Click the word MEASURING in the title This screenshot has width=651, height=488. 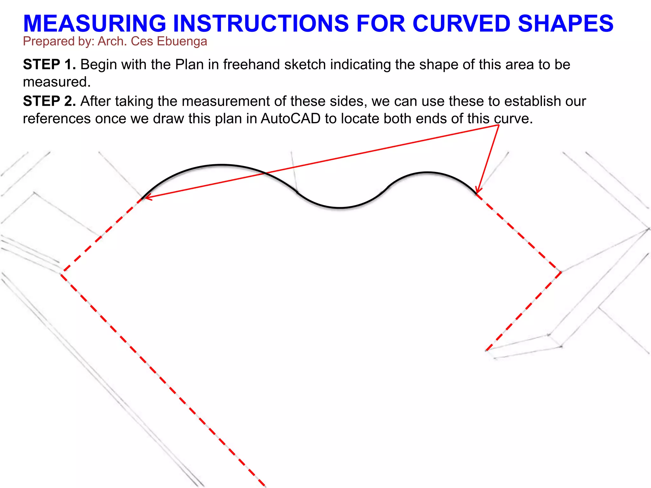[x=95, y=24]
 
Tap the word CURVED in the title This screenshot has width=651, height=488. [x=461, y=24]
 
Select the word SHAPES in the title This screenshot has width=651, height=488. [x=565, y=24]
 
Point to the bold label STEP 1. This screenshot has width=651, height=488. [x=49, y=64]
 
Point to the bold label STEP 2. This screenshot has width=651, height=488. [x=49, y=101]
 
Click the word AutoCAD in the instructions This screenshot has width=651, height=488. [x=291, y=119]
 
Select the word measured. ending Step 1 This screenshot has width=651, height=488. [x=57, y=82]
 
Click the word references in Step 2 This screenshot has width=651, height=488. [x=57, y=119]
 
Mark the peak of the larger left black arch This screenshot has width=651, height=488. [x=222, y=165]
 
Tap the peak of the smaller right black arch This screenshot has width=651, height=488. [x=428, y=173]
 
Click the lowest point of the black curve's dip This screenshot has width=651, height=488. [x=339, y=208]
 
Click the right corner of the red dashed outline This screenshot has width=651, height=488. [x=561, y=272]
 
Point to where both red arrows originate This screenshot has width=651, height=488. [x=498, y=125]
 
